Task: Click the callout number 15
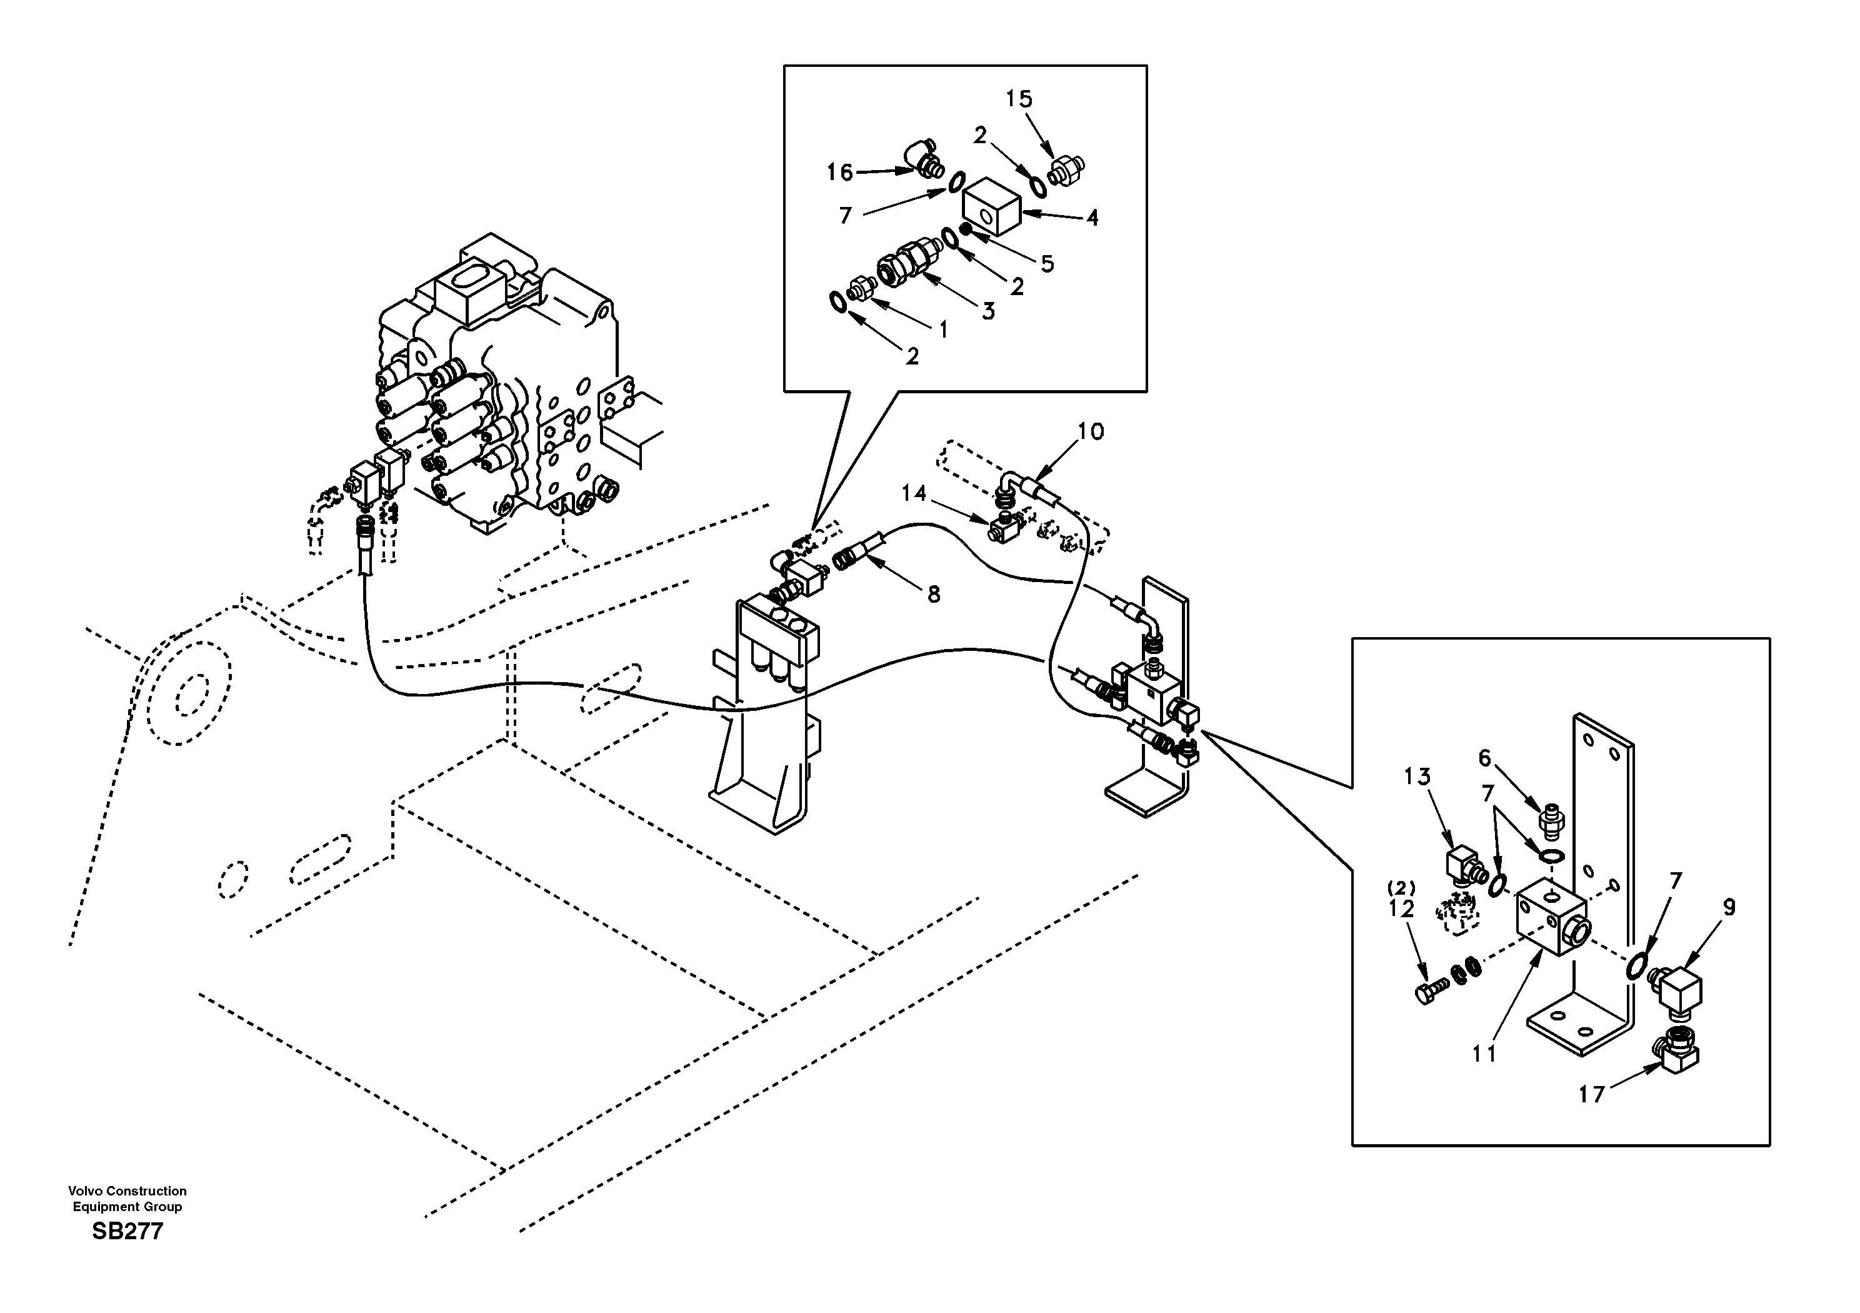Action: pyautogui.click(x=1019, y=99)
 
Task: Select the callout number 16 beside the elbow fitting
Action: pyautogui.click(x=839, y=172)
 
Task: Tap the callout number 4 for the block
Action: pyautogui.click(x=1092, y=217)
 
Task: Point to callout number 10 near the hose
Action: pyautogui.click(x=1091, y=431)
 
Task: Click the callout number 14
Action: pyautogui.click(x=914, y=493)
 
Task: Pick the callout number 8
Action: pyautogui.click(x=933, y=594)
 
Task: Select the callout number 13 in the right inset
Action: pyautogui.click(x=1417, y=777)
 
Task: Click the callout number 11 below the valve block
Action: pyautogui.click(x=1484, y=1054)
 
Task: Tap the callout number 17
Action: pyautogui.click(x=1591, y=1095)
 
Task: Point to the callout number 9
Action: pyautogui.click(x=1729, y=907)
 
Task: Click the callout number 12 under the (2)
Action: pyautogui.click(x=1401, y=909)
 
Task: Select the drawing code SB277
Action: pyautogui.click(x=127, y=1232)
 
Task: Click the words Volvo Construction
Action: pyautogui.click(x=127, y=1190)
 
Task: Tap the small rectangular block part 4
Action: pyautogui.click(x=992, y=207)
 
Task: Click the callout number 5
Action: pyautogui.click(x=1047, y=263)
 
